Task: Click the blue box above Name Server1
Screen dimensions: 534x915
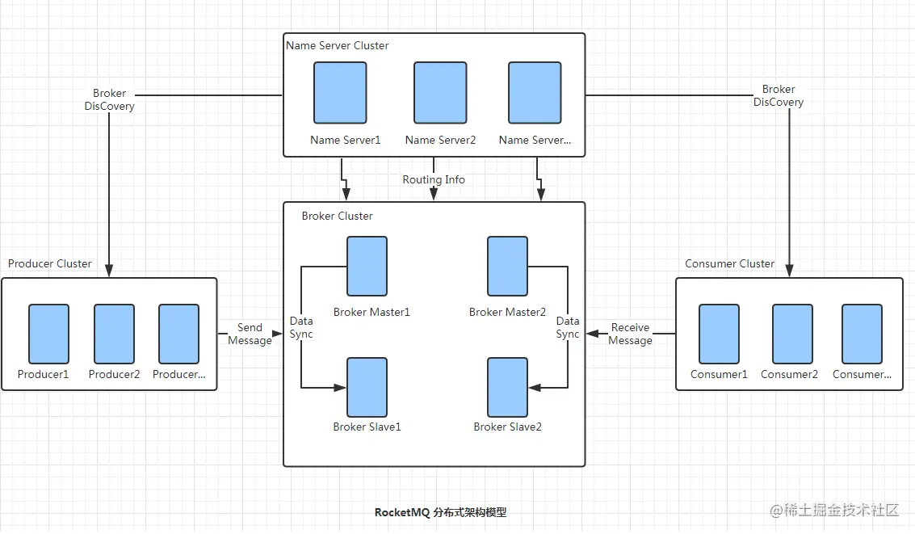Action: click(340, 93)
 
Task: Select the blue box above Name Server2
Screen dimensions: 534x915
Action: click(440, 93)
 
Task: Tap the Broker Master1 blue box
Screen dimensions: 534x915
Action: click(367, 267)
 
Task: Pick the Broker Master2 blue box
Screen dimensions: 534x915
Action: click(507, 267)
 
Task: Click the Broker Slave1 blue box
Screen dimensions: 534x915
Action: click(367, 387)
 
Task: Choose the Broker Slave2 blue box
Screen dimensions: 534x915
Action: click(507, 387)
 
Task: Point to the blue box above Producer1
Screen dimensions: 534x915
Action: click(48, 334)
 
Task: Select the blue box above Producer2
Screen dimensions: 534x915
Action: click(114, 334)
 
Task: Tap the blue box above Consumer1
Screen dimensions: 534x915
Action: click(719, 334)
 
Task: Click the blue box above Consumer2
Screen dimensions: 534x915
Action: click(791, 334)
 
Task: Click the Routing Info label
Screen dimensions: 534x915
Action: click(434, 179)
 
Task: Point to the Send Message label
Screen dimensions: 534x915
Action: click(250, 334)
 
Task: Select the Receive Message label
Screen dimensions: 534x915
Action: click(630, 334)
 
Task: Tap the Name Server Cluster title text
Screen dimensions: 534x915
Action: click(337, 45)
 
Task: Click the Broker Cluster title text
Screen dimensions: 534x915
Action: click(337, 216)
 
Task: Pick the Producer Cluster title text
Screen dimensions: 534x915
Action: click(49, 263)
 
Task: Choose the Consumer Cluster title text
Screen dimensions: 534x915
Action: click(729, 263)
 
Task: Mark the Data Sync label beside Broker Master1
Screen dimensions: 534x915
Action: click(301, 327)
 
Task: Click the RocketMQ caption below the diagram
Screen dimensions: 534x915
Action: click(440, 512)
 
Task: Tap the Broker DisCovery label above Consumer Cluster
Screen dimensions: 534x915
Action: click(779, 95)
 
